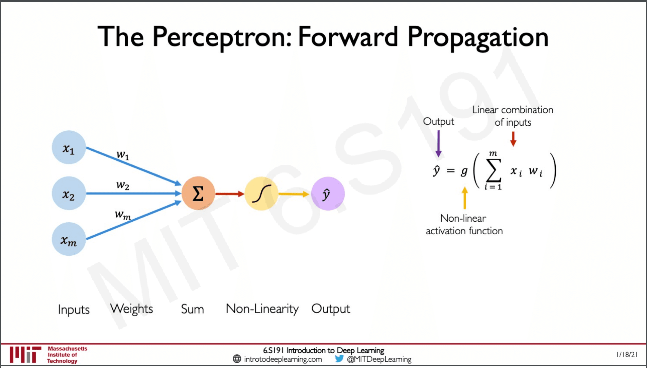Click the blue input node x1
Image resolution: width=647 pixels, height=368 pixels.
pyautogui.click(x=69, y=147)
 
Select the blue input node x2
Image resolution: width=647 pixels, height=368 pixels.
pyautogui.click(x=69, y=193)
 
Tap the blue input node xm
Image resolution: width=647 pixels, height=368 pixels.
pyautogui.click(x=69, y=239)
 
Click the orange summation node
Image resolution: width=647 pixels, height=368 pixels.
pyautogui.click(x=198, y=193)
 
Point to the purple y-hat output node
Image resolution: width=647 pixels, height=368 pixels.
pyautogui.click(x=328, y=194)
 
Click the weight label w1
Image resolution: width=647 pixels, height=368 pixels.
pyautogui.click(x=123, y=155)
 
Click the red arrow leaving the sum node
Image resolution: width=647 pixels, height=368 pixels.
pyautogui.click(x=230, y=194)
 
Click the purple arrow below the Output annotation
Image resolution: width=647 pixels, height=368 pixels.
pyautogui.click(x=439, y=144)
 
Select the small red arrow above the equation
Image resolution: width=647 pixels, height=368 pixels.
pyautogui.click(x=513, y=139)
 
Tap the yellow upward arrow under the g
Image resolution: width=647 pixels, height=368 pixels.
pyautogui.click(x=465, y=198)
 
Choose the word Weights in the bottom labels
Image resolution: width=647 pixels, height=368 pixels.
pyautogui.click(x=132, y=309)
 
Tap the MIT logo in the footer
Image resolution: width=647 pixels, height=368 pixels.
pyautogui.click(x=25, y=355)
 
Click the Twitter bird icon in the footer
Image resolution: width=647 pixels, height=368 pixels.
pyautogui.click(x=339, y=359)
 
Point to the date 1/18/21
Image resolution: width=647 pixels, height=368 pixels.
pyautogui.click(x=627, y=355)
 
